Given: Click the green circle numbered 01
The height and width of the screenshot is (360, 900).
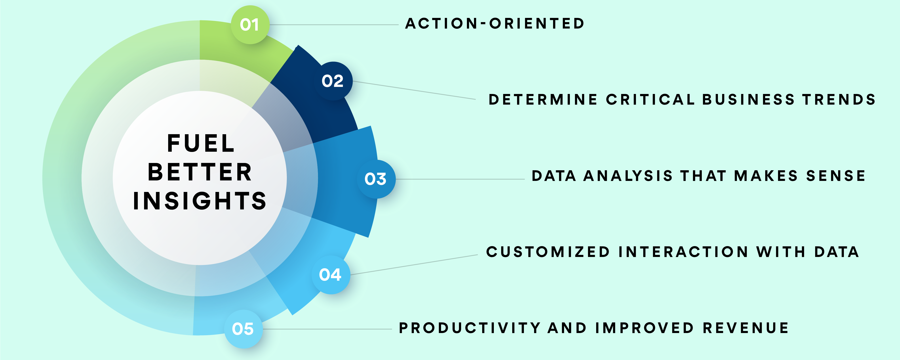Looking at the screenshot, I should click(250, 25).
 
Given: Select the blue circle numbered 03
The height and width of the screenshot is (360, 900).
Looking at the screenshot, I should click(376, 179).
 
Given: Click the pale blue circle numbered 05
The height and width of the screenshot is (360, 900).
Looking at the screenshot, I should click(243, 329).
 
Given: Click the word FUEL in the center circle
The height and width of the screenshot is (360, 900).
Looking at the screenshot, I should click(201, 143).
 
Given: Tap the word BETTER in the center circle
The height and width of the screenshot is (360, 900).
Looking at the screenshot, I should click(200, 172).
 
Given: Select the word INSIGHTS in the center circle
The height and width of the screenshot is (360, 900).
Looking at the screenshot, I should click(200, 201).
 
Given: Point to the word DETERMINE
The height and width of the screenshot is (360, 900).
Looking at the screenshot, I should click(543, 100).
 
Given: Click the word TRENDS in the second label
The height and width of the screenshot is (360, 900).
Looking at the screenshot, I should click(839, 100).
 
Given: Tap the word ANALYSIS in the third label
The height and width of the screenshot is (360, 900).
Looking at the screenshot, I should click(628, 176).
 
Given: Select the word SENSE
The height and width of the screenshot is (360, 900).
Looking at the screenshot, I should click(836, 176).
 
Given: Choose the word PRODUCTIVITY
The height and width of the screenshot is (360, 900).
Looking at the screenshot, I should click(470, 328).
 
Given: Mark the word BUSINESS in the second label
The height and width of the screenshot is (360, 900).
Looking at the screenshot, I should click(748, 100).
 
